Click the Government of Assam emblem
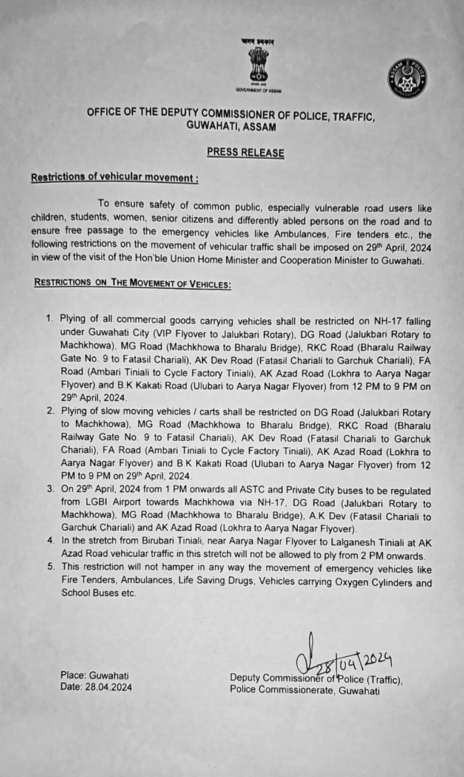(x=258, y=66)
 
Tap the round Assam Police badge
(x=407, y=79)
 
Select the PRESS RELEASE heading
(x=245, y=152)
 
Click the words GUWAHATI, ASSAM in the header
(x=232, y=127)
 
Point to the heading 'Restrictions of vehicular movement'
(x=114, y=178)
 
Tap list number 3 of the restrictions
(x=50, y=490)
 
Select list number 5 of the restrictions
(x=50, y=569)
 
